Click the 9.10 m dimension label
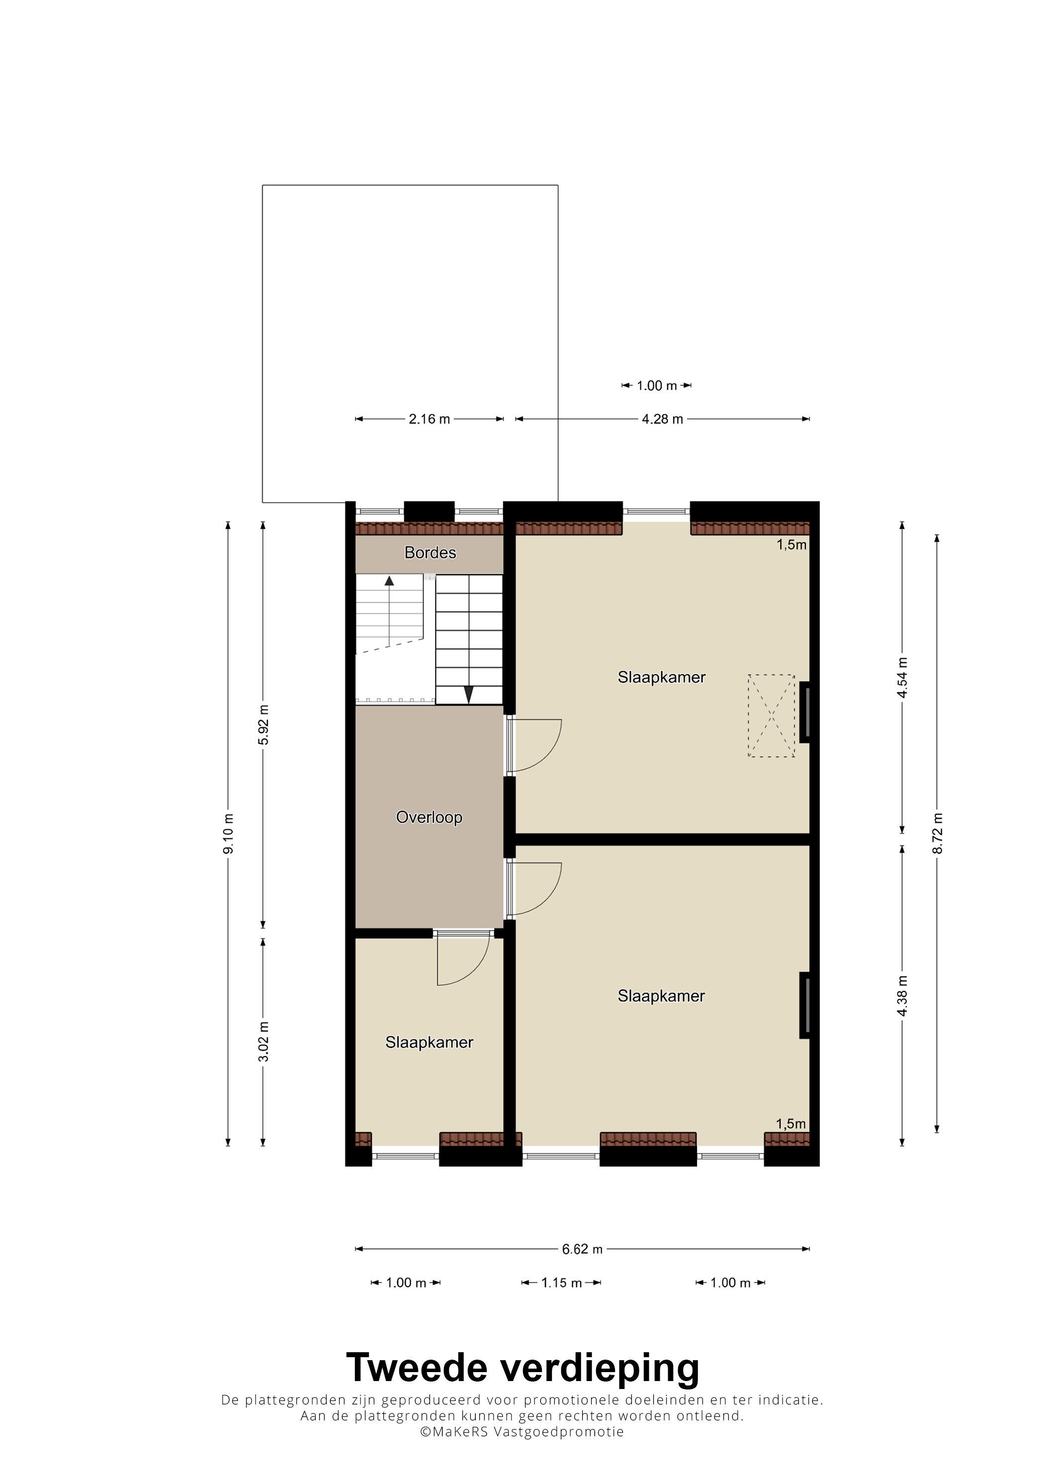[x=228, y=834]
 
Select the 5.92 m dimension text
[x=263, y=725]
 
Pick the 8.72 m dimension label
[x=937, y=834]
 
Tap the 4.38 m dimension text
[x=902, y=996]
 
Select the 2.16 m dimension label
[x=429, y=419]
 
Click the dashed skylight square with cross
[x=771, y=715]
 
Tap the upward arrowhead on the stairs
[x=389, y=580]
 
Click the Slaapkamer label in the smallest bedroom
[x=429, y=1042]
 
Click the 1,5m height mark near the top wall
[x=791, y=545]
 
